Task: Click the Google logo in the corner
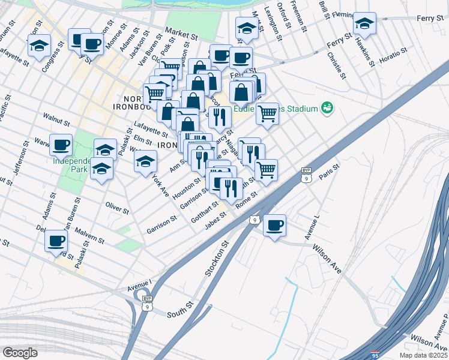coord(20,353)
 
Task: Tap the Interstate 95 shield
coord(375,355)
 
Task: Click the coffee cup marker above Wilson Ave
coord(274,225)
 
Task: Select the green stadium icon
coord(327,108)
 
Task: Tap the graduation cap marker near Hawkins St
coord(364,23)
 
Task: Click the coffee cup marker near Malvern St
coord(56,241)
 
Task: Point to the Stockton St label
coord(217,258)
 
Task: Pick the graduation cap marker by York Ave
coord(145,161)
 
